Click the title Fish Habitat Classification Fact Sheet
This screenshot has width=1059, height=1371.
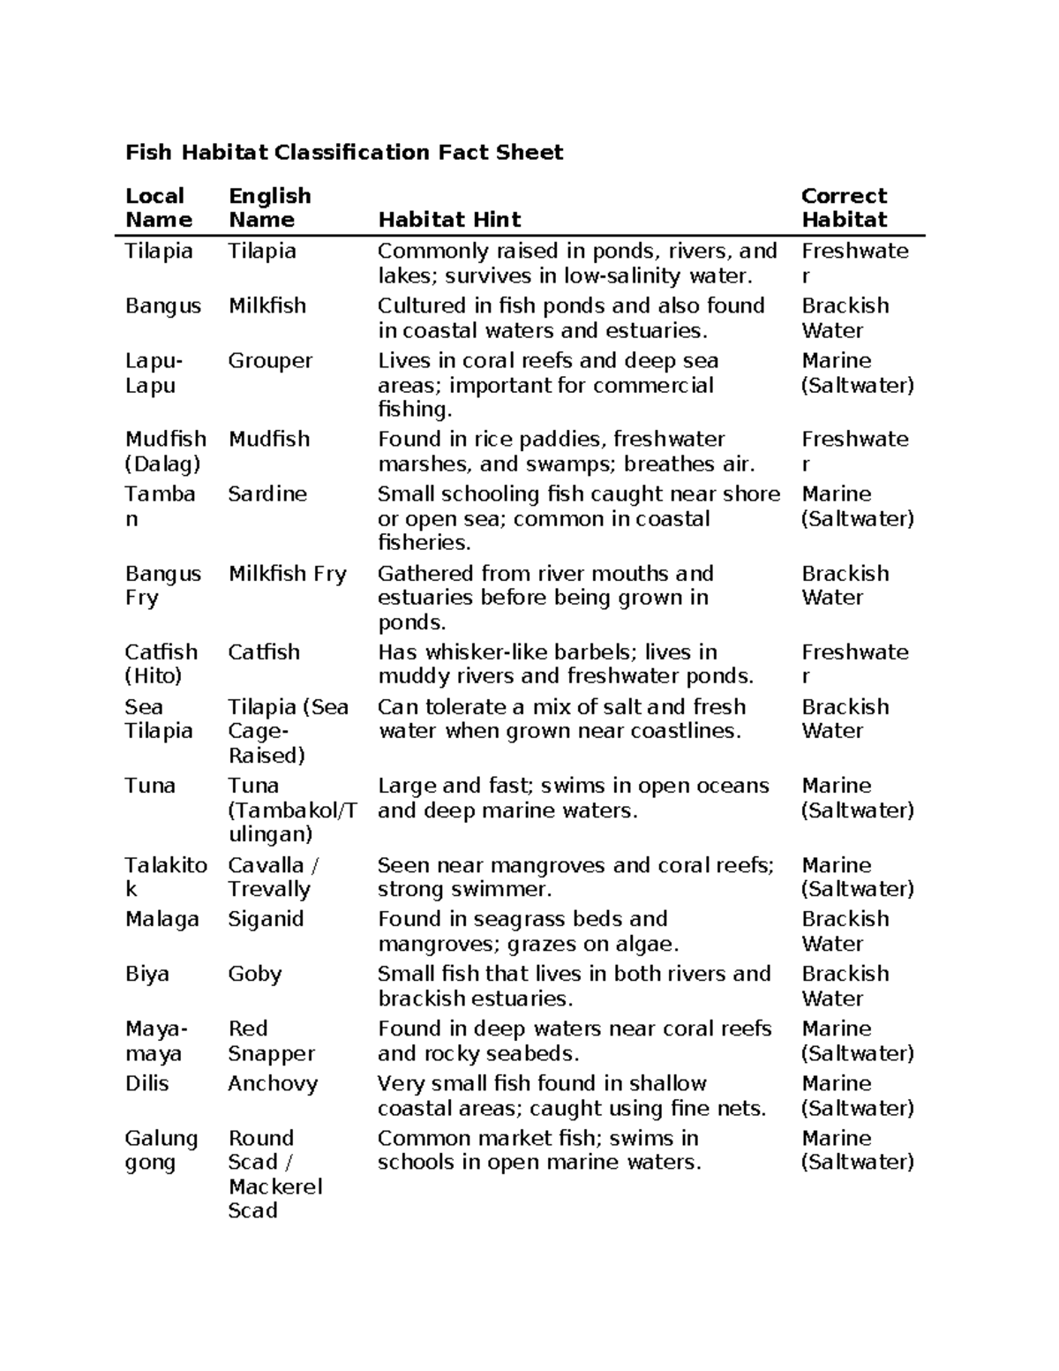pyautogui.click(x=344, y=153)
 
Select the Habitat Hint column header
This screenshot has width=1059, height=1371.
pyautogui.click(x=449, y=220)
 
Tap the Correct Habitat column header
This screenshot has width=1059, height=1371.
pyautogui.click(x=844, y=208)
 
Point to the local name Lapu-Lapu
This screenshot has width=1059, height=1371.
pyautogui.click(x=154, y=373)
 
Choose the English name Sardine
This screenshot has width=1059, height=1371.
pyautogui.click(x=267, y=494)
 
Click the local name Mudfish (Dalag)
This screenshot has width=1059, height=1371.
pyautogui.click(x=166, y=451)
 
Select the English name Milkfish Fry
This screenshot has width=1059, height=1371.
pyautogui.click(x=287, y=574)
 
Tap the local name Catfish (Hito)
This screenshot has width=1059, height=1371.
pyautogui.click(x=161, y=664)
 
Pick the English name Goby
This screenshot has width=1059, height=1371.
pyautogui.click(x=255, y=974)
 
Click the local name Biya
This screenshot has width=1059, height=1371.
pyautogui.click(x=146, y=974)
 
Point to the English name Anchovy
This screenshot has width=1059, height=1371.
pyautogui.click(x=273, y=1084)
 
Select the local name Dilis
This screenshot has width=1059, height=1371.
pyautogui.click(x=146, y=1084)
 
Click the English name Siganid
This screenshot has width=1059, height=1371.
pyautogui.click(x=266, y=919)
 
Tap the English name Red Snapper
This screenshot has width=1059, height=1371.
pyautogui.click(x=271, y=1041)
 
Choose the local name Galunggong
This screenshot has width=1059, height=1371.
pyautogui.click(x=161, y=1150)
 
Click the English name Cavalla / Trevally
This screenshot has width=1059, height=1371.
pyautogui.click(x=273, y=878)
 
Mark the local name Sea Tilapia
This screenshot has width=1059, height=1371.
pyautogui.click(x=159, y=719)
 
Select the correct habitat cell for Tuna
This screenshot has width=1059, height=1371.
pyautogui.click(x=857, y=798)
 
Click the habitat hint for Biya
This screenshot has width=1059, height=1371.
pyautogui.click(x=574, y=986)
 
